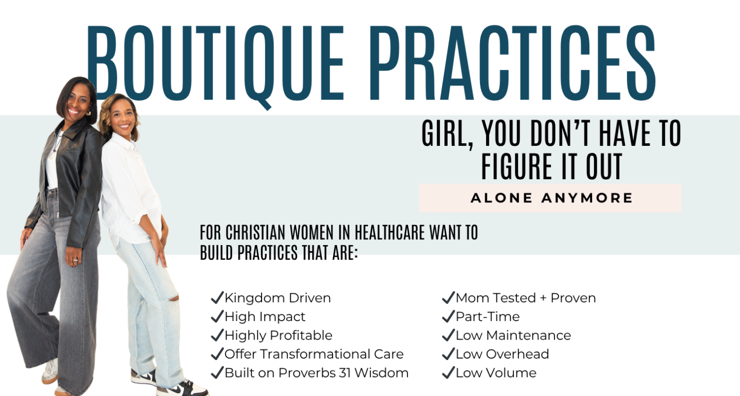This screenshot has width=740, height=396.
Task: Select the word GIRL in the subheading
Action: coord(446,134)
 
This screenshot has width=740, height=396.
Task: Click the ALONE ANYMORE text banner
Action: coord(551,198)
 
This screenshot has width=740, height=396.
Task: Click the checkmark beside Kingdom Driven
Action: coord(217,297)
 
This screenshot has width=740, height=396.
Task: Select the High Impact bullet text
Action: coord(265,317)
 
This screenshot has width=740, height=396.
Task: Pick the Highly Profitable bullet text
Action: coord(279,335)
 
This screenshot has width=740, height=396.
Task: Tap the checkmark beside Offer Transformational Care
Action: coord(217,354)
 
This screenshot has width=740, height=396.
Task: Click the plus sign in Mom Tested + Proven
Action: coord(543,298)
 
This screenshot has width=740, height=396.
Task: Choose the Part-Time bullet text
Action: coord(488,317)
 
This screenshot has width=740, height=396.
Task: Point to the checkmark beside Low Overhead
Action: coord(448,354)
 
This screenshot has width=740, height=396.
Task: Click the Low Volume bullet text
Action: coord(496,373)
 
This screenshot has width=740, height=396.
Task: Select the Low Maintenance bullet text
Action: coord(513,335)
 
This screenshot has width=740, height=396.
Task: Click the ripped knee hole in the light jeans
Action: coord(174,298)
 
